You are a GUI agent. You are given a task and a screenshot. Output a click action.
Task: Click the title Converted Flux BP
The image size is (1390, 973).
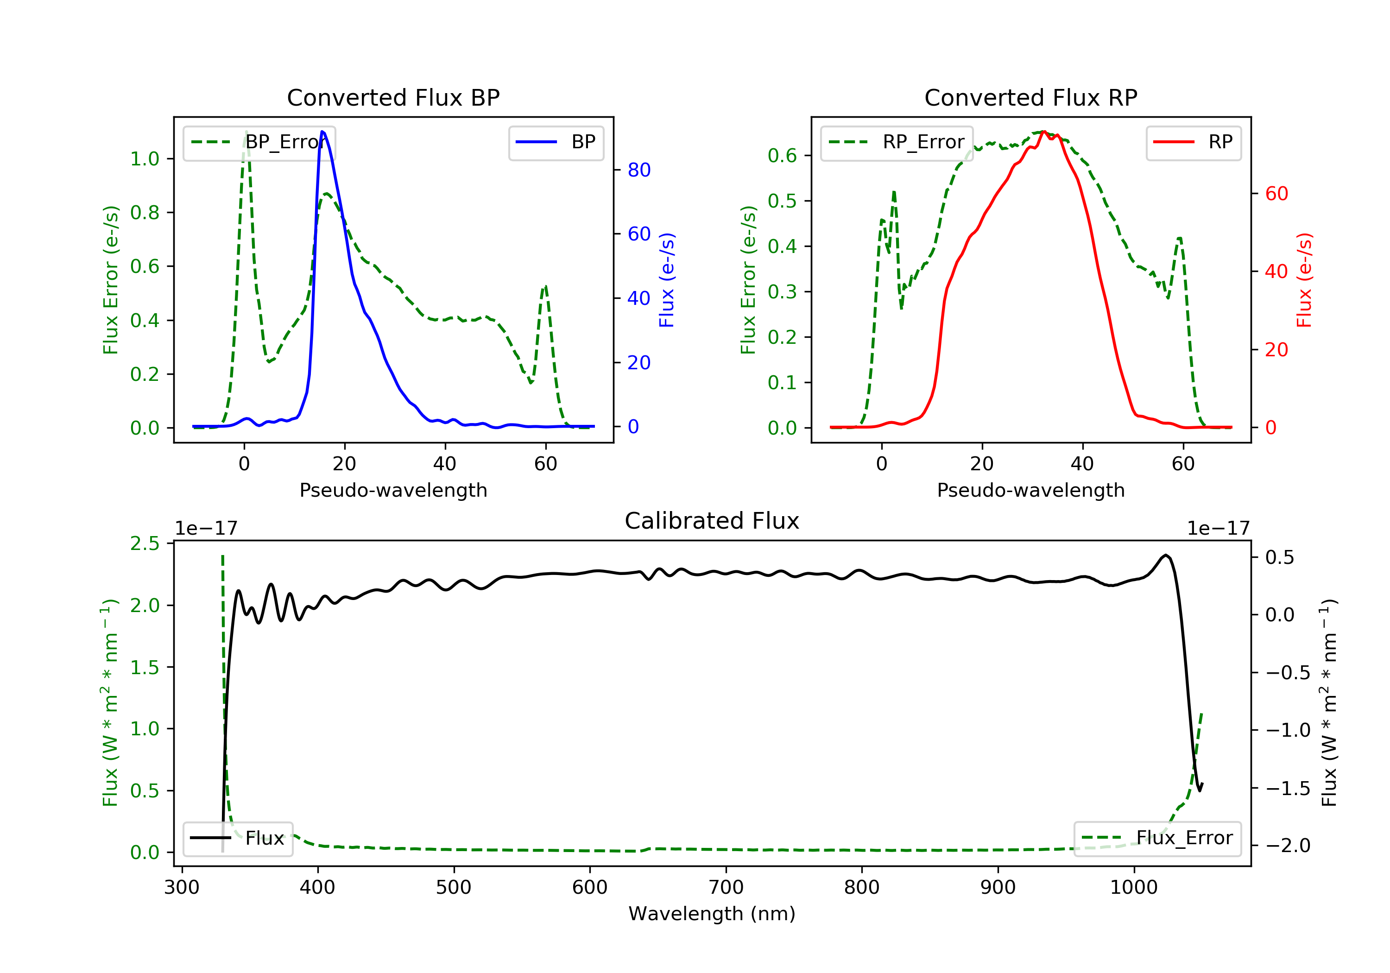click(x=393, y=97)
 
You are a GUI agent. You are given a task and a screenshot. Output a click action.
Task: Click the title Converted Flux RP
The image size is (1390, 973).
click(x=1030, y=97)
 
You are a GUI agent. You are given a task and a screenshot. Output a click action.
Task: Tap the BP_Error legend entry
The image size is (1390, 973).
click(x=259, y=142)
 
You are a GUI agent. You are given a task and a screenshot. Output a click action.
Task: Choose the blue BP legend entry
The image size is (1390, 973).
click(x=556, y=142)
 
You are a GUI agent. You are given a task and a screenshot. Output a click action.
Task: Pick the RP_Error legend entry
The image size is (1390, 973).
click(x=897, y=142)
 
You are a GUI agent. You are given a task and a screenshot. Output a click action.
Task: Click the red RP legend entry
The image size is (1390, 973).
click(x=1193, y=142)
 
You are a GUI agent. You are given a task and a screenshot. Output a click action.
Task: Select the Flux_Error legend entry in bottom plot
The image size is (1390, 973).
click(x=1157, y=838)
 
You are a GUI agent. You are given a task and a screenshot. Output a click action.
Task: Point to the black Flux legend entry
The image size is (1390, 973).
click(x=238, y=838)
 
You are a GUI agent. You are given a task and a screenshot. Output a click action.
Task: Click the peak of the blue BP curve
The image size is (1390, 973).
click(x=322, y=132)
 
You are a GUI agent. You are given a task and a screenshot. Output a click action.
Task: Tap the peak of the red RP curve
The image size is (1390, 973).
click(x=1044, y=132)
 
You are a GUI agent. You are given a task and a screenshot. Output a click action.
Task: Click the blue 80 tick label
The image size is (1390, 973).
click(x=638, y=170)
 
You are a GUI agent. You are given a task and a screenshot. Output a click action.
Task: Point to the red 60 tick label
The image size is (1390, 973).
click(x=1276, y=194)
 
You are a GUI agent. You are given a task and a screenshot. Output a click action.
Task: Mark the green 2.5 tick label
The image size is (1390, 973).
click(x=145, y=543)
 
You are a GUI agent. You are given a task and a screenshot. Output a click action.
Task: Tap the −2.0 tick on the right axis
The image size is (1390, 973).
click(x=1287, y=845)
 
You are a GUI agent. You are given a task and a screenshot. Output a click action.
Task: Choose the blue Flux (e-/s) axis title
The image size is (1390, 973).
click(x=667, y=280)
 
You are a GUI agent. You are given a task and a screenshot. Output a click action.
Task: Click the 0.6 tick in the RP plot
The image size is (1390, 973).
click(x=782, y=156)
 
